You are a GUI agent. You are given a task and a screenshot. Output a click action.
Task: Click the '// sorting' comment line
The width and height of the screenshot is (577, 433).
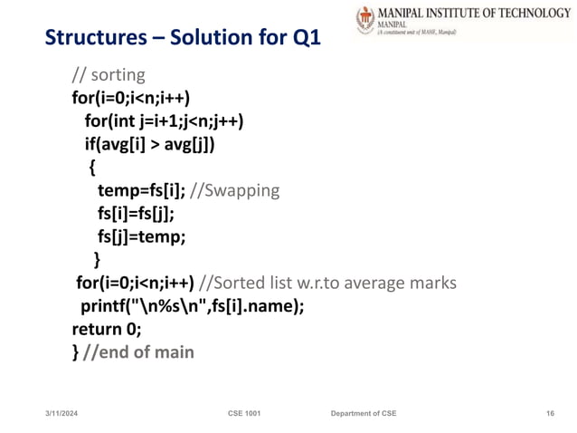108,74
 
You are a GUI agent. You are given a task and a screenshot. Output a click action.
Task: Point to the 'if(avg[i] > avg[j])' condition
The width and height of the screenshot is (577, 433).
150,144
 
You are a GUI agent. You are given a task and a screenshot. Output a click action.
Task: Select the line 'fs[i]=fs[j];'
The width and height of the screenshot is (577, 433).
136,214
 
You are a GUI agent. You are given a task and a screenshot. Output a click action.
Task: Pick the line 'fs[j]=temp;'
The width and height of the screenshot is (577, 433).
141,237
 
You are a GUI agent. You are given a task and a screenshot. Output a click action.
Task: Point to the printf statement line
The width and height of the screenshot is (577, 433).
192,306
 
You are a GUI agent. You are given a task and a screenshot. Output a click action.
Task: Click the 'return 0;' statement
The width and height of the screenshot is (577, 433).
107,329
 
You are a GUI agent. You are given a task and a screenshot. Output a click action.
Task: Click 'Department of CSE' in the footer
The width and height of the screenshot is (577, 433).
363,413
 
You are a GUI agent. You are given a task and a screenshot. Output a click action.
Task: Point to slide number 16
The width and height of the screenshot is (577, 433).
550,413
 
